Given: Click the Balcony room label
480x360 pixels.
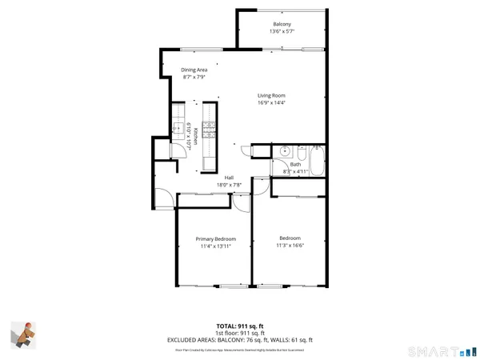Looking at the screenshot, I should (282, 24).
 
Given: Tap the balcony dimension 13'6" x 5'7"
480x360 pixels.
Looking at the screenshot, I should (282, 32).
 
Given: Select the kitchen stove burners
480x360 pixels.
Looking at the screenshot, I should (210, 128).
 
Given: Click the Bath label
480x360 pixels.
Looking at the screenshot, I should (295, 165).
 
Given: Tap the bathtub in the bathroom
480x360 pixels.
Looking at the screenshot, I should (317, 163).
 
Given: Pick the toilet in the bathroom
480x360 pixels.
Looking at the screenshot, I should (300, 152).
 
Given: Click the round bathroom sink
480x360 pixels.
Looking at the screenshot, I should (283, 152).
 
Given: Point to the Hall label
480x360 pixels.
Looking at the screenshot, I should (229, 178).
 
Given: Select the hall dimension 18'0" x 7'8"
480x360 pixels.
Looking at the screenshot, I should (229, 186).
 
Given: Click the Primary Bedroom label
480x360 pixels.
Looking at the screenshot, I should (216, 238).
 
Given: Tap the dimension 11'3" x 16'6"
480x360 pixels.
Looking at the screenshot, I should (290, 246).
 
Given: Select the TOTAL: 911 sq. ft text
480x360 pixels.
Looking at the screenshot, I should (239, 326).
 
